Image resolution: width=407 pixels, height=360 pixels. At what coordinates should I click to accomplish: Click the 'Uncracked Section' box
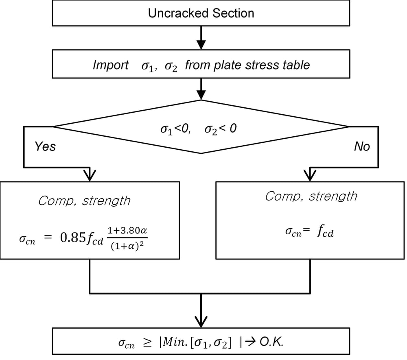[x=201, y=13]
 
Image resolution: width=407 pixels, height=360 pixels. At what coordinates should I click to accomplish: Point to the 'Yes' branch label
[x=45, y=146]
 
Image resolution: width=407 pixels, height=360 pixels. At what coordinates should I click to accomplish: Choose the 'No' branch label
[x=362, y=146]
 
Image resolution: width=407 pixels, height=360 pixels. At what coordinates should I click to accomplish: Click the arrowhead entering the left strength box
[x=89, y=175]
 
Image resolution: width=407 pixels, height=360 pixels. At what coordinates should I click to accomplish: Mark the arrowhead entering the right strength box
[x=311, y=175]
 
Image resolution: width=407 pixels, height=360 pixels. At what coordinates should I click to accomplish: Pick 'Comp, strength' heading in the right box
[x=311, y=196]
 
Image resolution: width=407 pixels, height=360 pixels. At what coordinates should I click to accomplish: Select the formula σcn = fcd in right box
[x=309, y=233]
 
